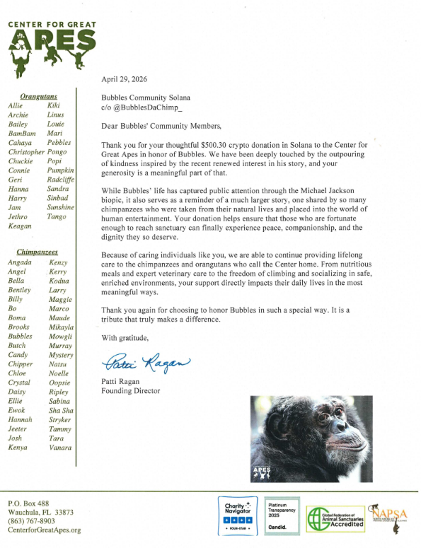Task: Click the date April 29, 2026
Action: (x=124, y=79)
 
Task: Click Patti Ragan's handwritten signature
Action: (x=147, y=363)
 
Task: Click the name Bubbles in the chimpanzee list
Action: (x=21, y=337)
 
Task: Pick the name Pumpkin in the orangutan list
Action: (x=60, y=170)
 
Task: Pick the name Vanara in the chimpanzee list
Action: (x=59, y=448)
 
